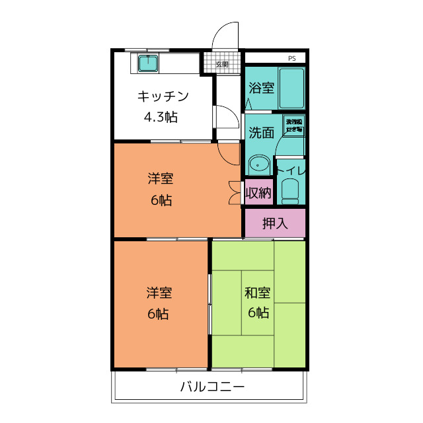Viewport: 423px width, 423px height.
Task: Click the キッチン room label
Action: click(x=163, y=96)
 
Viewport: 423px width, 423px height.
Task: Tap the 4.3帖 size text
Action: click(x=161, y=118)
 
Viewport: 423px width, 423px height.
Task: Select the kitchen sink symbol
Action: click(x=147, y=63)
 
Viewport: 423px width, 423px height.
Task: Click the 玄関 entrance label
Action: click(x=222, y=64)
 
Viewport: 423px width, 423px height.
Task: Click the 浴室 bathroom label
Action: click(x=261, y=88)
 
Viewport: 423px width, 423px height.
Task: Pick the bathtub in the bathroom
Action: click(x=291, y=88)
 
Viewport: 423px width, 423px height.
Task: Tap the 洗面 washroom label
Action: click(x=261, y=132)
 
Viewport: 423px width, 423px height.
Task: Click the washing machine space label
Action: click(x=293, y=126)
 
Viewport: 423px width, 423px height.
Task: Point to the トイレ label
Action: click(x=291, y=170)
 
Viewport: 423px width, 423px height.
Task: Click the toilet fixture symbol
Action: click(x=289, y=190)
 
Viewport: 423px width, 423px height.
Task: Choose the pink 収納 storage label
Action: click(x=258, y=193)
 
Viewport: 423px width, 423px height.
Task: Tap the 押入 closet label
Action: click(x=275, y=223)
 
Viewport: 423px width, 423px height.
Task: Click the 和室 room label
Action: click(x=258, y=292)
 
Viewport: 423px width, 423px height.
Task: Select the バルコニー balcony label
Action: click(x=212, y=387)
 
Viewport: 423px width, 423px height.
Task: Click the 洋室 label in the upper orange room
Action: click(x=161, y=178)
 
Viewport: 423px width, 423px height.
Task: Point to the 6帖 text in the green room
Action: click(x=258, y=313)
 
